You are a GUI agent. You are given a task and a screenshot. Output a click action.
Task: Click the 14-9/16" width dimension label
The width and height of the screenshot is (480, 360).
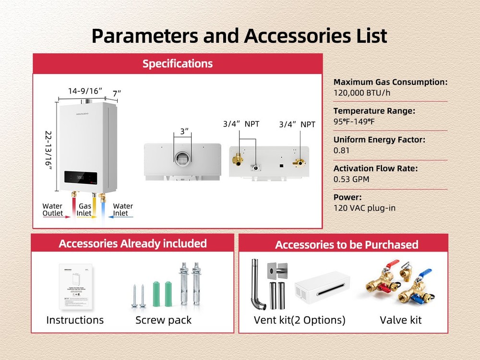(x=85, y=91)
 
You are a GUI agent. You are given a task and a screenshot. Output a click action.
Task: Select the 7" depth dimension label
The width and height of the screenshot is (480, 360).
(x=117, y=93)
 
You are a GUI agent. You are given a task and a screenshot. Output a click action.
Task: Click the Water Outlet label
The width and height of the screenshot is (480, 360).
(x=53, y=210)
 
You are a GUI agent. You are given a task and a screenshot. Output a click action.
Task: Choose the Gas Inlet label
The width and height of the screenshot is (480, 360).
(x=85, y=210)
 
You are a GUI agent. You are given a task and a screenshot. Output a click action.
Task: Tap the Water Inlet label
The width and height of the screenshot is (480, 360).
(x=122, y=210)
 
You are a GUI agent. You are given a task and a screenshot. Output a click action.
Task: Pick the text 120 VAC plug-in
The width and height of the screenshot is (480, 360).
(x=364, y=208)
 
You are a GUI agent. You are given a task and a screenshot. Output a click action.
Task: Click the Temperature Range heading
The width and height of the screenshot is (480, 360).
(x=374, y=111)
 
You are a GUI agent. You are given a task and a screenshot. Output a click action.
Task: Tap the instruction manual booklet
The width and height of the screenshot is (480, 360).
(x=76, y=287)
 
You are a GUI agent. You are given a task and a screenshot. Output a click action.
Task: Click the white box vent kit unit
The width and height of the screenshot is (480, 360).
(x=322, y=288)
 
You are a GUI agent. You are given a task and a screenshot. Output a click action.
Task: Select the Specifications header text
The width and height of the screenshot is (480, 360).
(x=177, y=63)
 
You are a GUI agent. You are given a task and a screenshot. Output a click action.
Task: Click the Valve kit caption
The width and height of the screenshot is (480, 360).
(x=401, y=320)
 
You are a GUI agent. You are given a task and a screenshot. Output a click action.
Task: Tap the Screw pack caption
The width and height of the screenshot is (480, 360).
(x=163, y=320)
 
